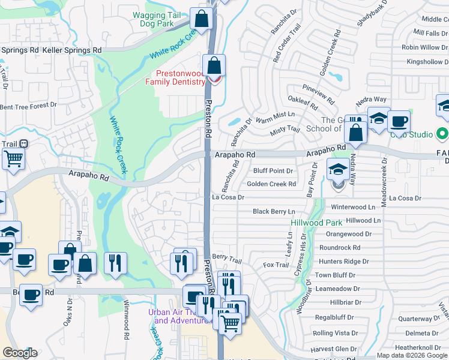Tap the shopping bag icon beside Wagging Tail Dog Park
(202, 19)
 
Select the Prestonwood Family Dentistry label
(176, 77)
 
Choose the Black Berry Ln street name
(274, 211)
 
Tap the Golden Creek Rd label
(271, 184)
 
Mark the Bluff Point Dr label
(273, 171)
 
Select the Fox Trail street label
(276, 265)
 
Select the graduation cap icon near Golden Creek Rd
(337, 170)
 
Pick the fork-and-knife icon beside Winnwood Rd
(115, 263)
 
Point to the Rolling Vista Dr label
(334, 333)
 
